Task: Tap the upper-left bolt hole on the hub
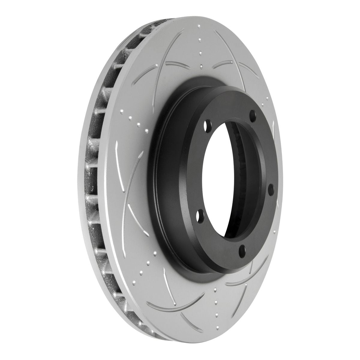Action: [207, 124]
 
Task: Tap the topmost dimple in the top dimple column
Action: [199, 28]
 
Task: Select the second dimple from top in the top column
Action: [200, 39]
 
